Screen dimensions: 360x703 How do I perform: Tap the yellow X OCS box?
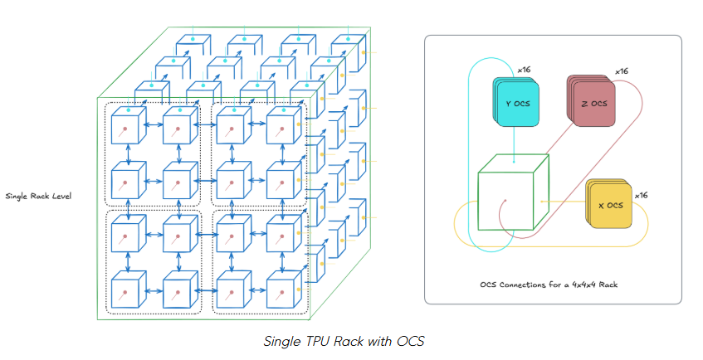coord(610,204)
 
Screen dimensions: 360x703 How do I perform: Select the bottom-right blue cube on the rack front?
coord(283,290)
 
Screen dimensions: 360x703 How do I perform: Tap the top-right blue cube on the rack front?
coord(283,127)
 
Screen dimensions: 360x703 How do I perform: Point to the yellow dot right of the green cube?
coord(541,201)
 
